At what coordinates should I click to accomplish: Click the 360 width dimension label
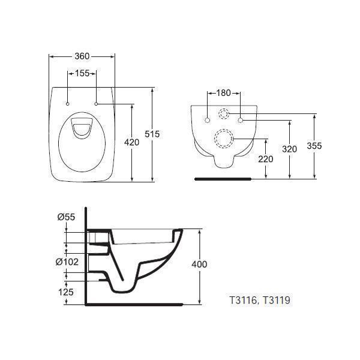tap(82, 56)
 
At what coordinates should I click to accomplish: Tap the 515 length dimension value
tap(153, 135)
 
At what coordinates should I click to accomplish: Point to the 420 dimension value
tap(131, 142)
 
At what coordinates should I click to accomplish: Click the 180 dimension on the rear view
tap(223, 93)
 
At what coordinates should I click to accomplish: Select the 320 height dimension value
tap(290, 149)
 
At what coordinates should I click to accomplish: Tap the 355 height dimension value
tap(315, 145)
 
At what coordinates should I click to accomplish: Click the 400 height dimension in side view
tap(199, 264)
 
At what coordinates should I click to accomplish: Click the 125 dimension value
tap(67, 292)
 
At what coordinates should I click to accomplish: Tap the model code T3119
tap(277, 299)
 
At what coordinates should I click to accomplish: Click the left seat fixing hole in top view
tap(68, 104)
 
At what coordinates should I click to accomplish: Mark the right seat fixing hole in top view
tap(96, 104)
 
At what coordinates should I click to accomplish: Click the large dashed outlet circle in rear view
tap(224, 140)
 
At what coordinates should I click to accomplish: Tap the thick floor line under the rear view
tap(224, 178)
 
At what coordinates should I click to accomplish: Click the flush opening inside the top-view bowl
tap(82, 127)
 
